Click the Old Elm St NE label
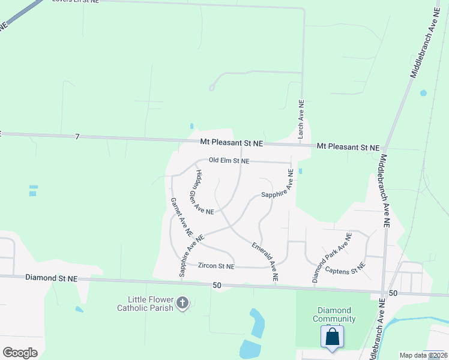click(x=229, y=161)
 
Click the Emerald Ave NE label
click(x=265, y=262)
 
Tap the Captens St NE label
click(x=345, y=268)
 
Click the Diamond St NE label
click(x=52, y=278)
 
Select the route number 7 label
click(x=77, y=137)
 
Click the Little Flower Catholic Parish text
click(x=150, y=304)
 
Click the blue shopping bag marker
click(x=332, y=337)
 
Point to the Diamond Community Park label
click(x=336, y=314)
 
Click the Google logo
click(x=20, y=353)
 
